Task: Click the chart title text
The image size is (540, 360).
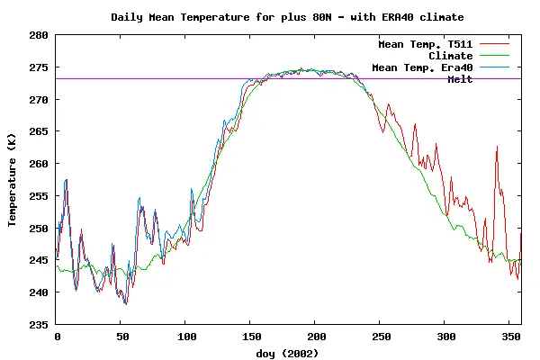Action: tap(288, 17)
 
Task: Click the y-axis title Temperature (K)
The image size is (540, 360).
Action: tap(13, 180)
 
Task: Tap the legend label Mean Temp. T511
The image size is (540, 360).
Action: tap(426, 44)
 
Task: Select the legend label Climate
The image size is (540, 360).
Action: tap(451, 56)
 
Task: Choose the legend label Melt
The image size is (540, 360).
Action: tap(460, 79)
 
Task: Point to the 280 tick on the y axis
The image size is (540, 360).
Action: tap(39, 35)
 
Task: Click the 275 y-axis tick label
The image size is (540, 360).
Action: tap(39, 67)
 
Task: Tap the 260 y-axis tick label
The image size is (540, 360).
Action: tap(39, 164)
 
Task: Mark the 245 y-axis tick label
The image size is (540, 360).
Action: tap(39, 260)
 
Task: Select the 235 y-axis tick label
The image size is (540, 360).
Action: tap(39, 324)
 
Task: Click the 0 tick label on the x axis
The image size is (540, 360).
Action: tap(57, 336)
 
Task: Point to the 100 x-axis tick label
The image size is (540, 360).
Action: tap(185, 336)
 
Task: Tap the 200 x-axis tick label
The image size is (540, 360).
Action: tap(314, 336)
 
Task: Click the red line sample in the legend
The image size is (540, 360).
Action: tap(495, 44)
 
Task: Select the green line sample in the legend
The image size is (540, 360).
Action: tap(495, 56)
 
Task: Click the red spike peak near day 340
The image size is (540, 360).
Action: tap(497, 147)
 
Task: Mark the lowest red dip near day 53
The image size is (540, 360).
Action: tap(126, 304)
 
